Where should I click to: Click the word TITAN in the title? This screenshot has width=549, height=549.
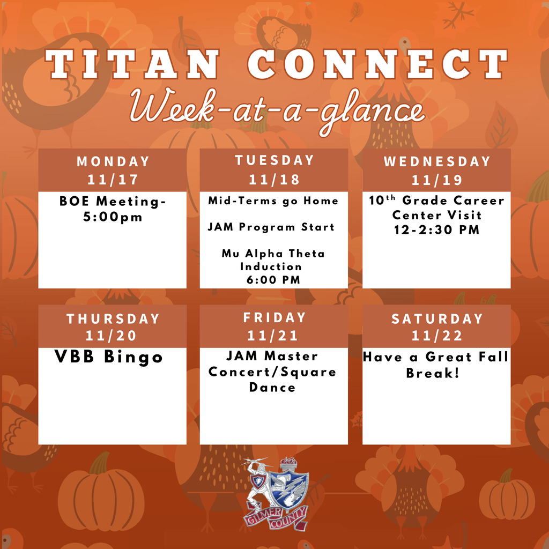[x=132, y=66]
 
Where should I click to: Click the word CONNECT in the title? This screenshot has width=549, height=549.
[x=377, y=66]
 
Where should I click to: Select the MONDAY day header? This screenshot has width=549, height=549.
[x=113, y=161]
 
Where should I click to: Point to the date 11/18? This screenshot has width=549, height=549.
[x=274, y=179]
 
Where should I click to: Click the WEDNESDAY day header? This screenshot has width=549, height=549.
[x=436, y=161]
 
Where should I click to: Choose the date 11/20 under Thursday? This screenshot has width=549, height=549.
[x=113, y=336]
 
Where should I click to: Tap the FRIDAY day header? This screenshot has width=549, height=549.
[x=274, y=317]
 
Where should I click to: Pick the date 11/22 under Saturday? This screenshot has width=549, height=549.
[x=436, y=336]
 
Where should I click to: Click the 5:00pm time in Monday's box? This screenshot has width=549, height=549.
[x=113, y=218]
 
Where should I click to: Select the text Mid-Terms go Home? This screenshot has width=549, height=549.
[x=273, y=201]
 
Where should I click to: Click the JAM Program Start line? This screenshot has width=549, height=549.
[x=271, y=227]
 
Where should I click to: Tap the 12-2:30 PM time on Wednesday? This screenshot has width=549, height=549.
[x=436, y=230]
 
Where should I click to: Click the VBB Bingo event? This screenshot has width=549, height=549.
[x=109, y=357]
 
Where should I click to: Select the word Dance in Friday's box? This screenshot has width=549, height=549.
[x=272, y=387]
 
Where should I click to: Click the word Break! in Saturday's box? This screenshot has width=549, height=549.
[x=433, y=373]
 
